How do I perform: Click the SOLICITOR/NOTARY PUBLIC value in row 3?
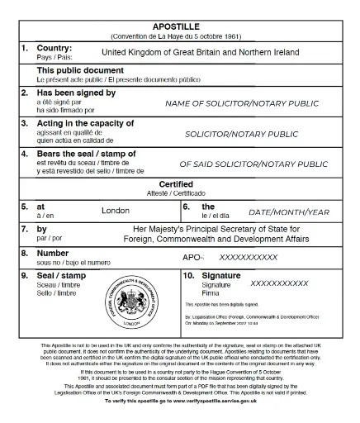tap(242, 134)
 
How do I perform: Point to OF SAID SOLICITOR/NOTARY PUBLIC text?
tap(253, 164)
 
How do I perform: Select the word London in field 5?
tap(116, 211)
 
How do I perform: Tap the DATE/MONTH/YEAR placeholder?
tap(289, 211)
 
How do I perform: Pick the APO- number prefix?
tap(192, 257)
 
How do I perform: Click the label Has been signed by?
tap(76, 93)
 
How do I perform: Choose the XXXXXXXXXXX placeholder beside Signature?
tap(279, 283)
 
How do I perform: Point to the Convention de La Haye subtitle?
tap(179, 37)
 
